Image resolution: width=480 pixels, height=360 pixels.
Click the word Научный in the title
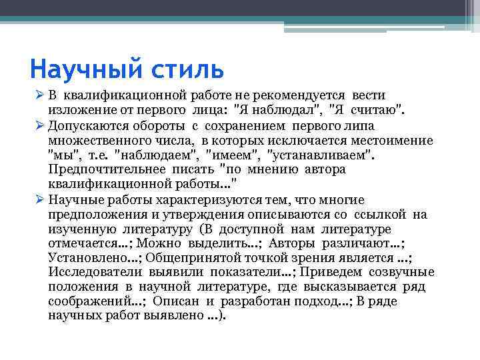point(78,69)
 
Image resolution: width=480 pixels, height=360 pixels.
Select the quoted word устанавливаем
point(320,155)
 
